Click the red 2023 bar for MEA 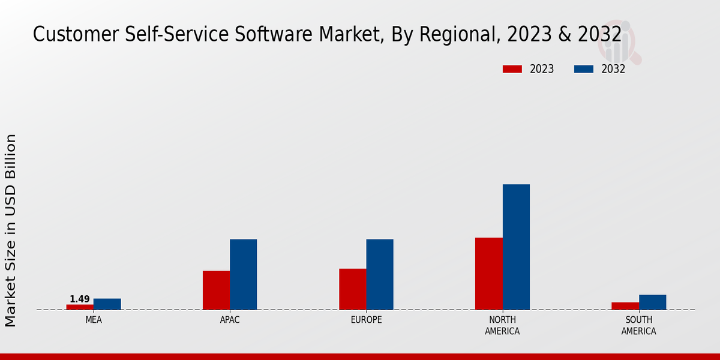coord(80,307)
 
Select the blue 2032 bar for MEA coord(107,304)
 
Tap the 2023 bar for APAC coord(216,290)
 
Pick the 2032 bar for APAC coord(244,274)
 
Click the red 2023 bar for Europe coord(353,289)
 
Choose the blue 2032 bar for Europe coord(380,274)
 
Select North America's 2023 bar coord(489,274)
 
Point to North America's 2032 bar coord(516,247)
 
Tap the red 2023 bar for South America coord(625,306)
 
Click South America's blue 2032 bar coord(653,302)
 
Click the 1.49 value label coord(80,299)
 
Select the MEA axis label coord(94,320)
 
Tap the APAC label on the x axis coord(230,320)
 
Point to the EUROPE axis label coord(366,320)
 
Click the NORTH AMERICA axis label coord(503,325)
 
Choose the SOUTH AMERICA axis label coord(638,325)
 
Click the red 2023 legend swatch coord(512,69)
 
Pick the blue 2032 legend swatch coord(584,69)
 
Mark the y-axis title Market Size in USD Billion coord(11,230)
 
